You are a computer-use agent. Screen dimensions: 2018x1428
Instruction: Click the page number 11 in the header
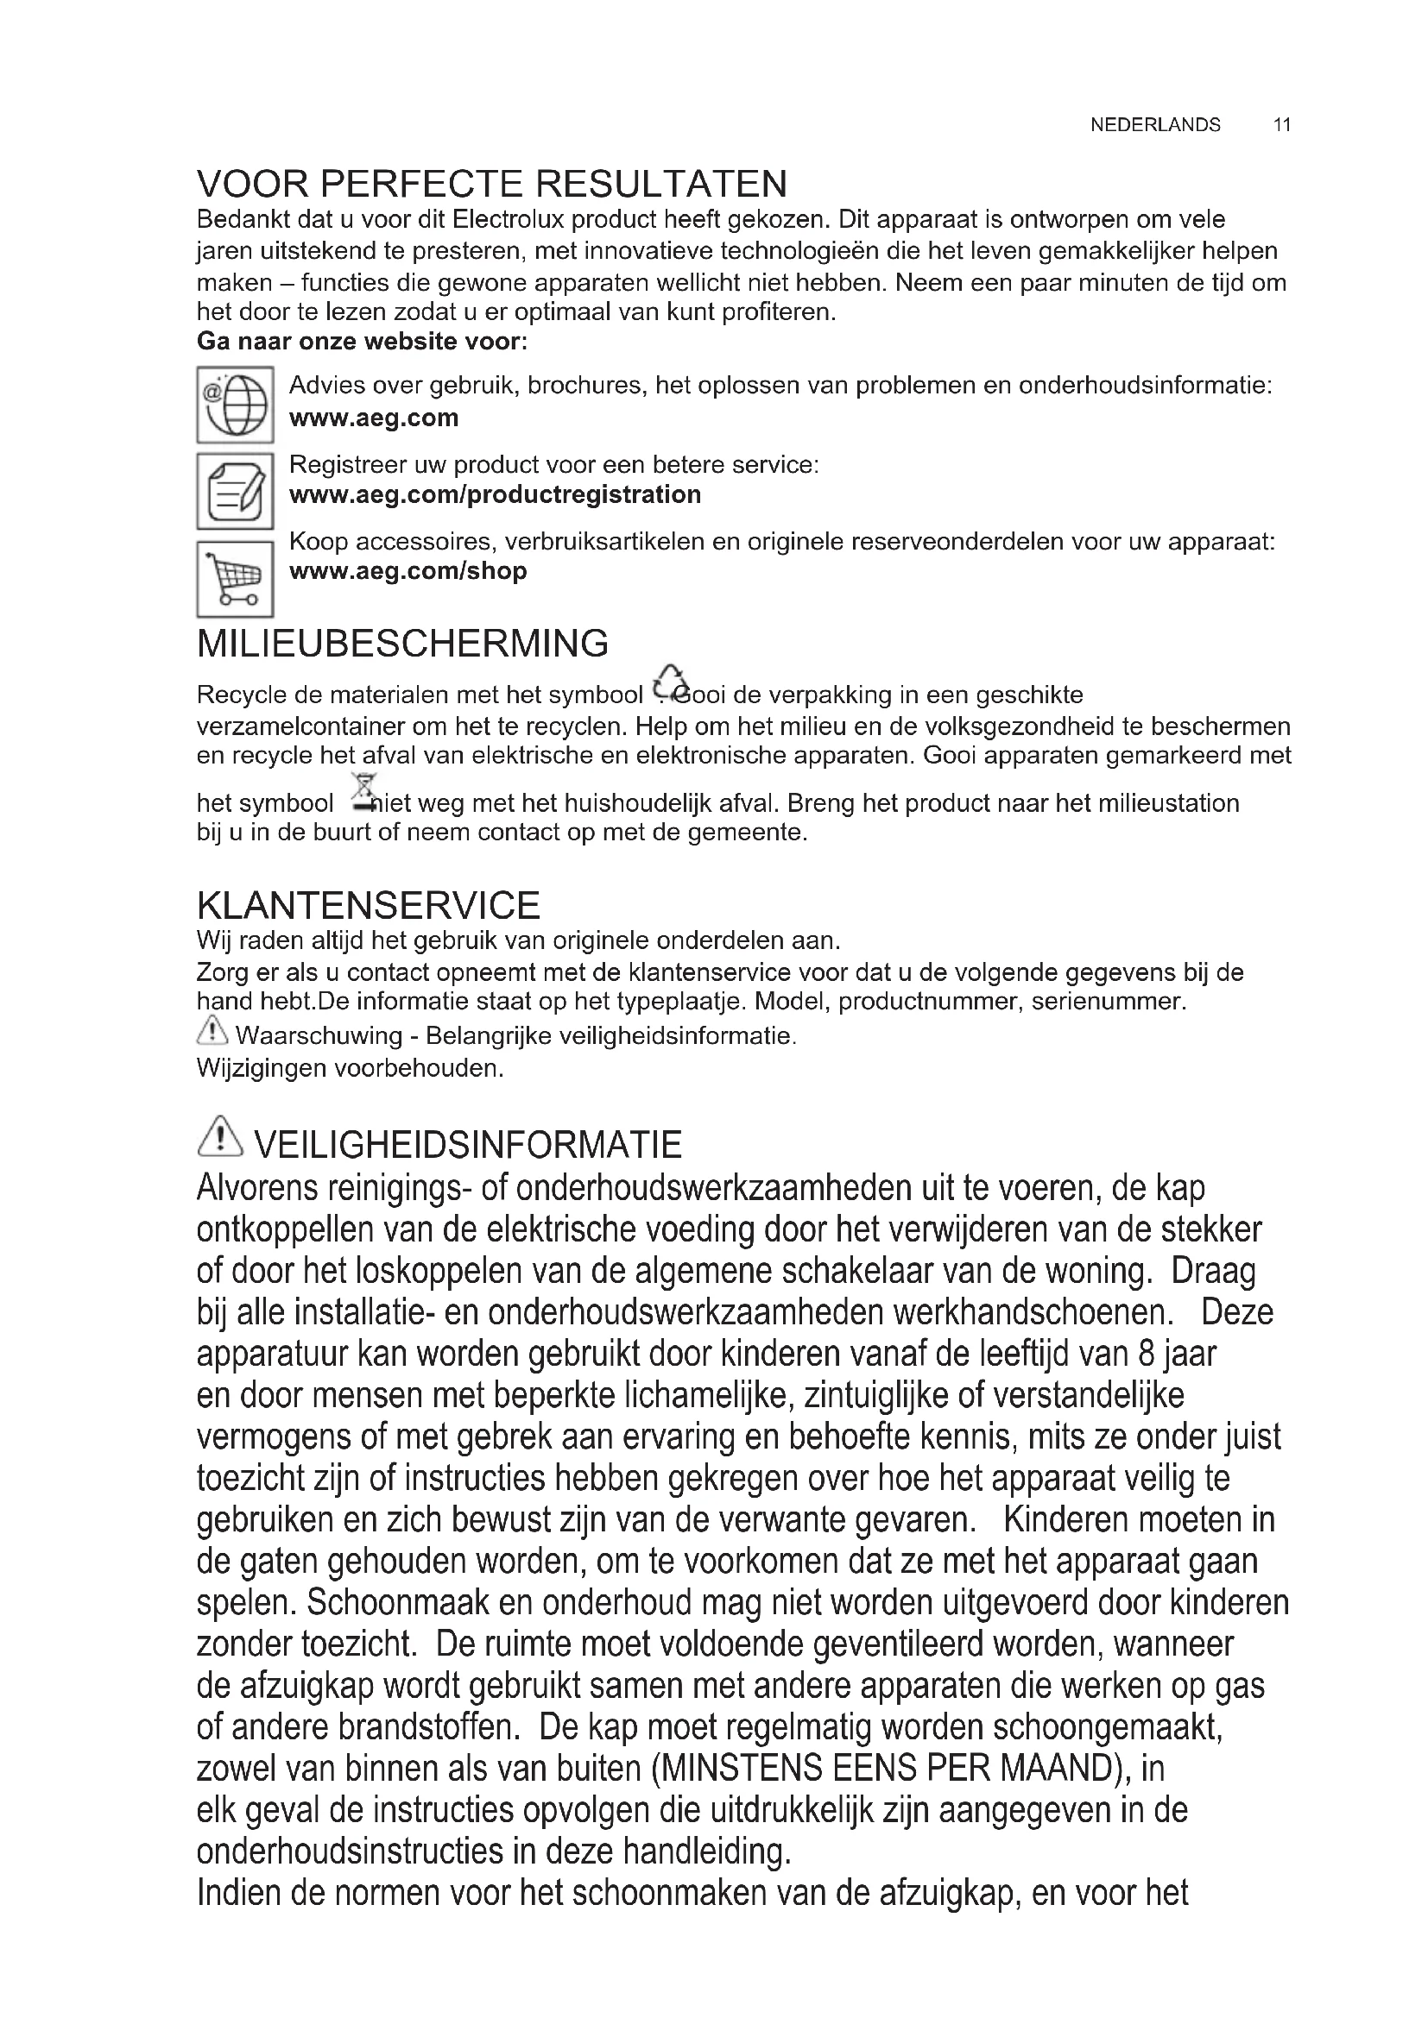1281,125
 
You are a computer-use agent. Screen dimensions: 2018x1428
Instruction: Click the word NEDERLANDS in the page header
1154,125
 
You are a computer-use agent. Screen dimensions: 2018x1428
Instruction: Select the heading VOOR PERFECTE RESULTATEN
491,184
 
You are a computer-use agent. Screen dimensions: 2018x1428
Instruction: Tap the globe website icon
235,405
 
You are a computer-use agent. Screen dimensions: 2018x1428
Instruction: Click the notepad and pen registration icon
235,490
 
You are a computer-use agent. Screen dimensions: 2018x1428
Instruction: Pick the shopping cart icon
235,578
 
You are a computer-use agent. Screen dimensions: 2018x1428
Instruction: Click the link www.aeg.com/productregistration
495,495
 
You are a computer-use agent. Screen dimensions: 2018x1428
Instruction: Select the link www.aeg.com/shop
408,571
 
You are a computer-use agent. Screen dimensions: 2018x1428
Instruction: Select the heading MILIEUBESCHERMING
402,644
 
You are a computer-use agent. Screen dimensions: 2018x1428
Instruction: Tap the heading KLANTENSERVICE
369,905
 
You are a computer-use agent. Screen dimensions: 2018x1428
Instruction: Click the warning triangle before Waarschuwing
212,1030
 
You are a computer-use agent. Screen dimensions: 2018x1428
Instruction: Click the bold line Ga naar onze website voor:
362,341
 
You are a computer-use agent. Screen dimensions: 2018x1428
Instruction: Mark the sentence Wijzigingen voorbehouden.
350,1069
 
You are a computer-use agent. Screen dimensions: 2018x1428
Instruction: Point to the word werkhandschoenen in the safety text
1033,1312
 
